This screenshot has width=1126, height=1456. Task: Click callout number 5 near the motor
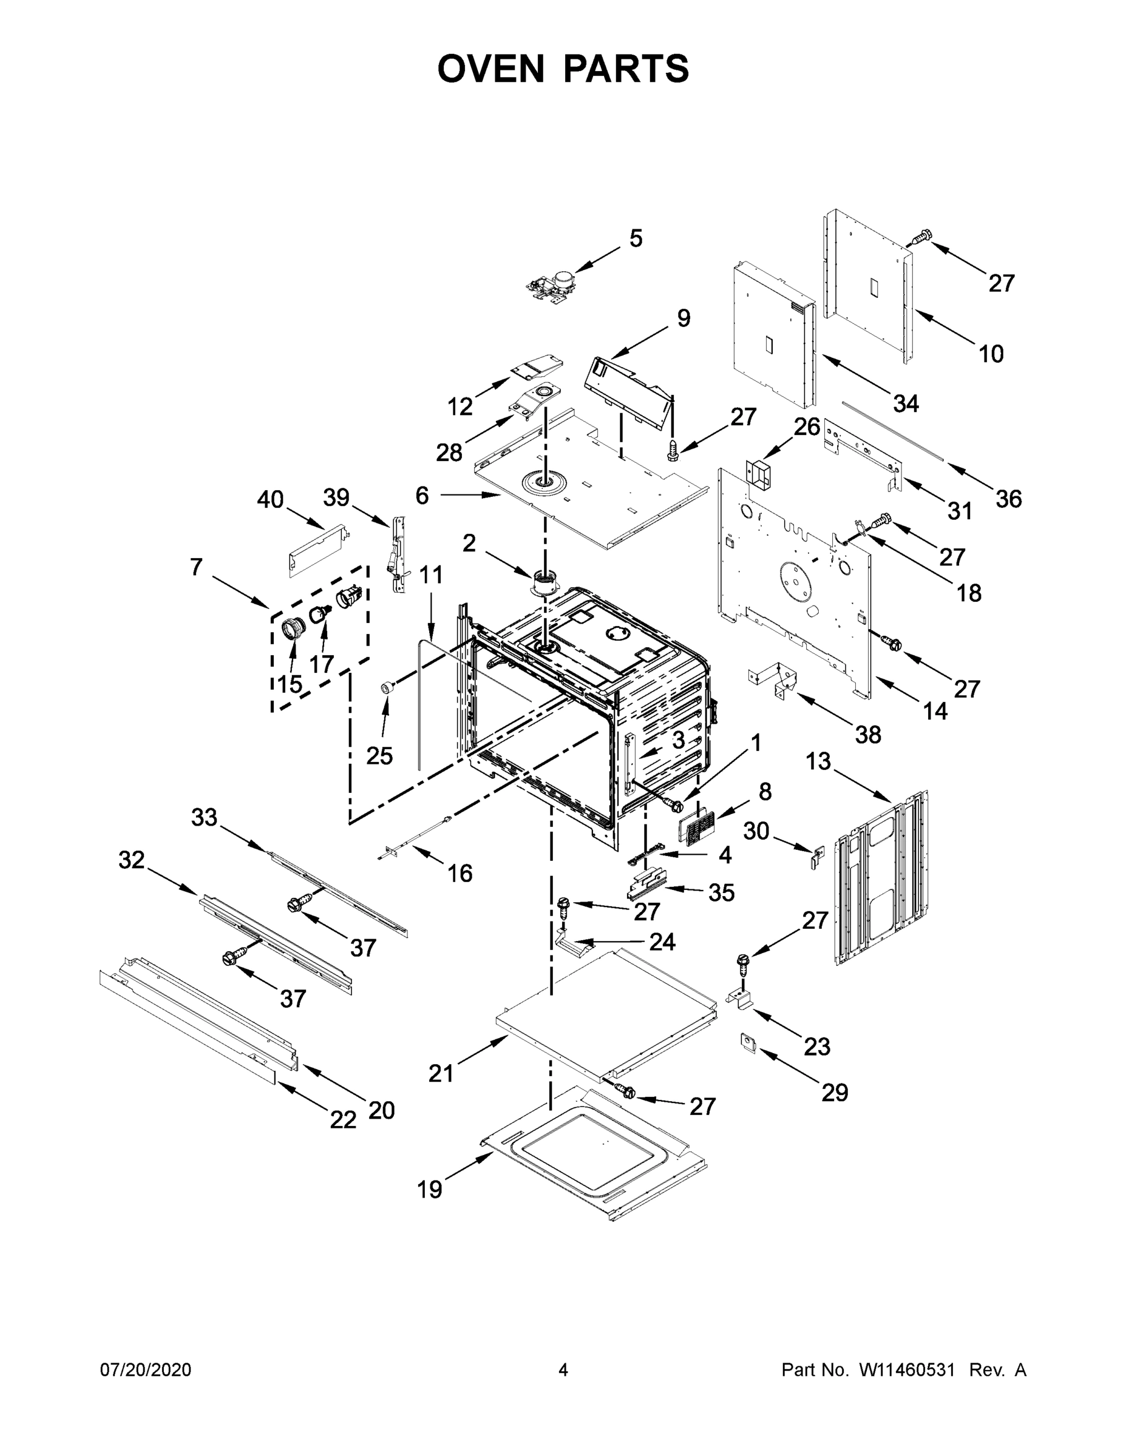coord(636,238)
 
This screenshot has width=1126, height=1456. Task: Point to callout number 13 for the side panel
coord(818,760)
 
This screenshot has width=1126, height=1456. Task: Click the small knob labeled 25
coord(385,687)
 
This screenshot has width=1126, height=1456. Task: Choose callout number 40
coord(270,499)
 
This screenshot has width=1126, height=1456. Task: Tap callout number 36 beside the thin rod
coord(1009,499)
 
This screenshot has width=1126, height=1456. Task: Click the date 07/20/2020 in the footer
coord(146,1369)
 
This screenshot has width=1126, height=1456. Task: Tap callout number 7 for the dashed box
coord(195,567)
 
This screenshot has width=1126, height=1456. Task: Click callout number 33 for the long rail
coord(204,817)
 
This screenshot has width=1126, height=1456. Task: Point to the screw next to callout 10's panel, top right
coord(921,236)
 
